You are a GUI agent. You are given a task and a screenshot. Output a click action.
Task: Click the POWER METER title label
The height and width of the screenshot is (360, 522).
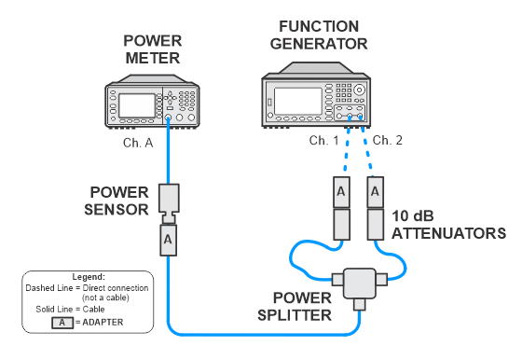pyautogui.click(x=153, y=49)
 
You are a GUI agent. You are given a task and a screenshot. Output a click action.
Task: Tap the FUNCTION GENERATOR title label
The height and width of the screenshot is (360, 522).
pyautogui.click(x=319, y=35)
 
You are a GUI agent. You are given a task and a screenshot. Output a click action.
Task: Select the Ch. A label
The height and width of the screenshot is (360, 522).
pyautogui.click(x=138, y=143)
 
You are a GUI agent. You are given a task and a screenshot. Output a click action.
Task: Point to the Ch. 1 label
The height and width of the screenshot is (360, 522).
pyautogui.click(x=324, y=141)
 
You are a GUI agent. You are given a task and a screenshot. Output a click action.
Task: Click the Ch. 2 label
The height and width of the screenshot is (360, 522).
pyautogui.click(x=387, y=140)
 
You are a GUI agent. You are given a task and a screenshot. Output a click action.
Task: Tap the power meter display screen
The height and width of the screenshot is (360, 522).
pyautogui.click(x=137, y=105)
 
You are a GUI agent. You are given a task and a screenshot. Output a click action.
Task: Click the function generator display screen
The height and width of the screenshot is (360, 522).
pyautogui.click(x=298, y=102)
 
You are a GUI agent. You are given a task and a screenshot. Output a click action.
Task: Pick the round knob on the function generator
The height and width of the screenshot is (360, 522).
pyautogui.click(x=359, y=90)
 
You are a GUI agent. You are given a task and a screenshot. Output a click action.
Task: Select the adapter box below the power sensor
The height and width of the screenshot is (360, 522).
pyautogui.click(x=168, y=240)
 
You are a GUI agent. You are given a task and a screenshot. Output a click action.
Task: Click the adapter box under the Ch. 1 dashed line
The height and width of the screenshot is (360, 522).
pyautogui.click(x=341, y=192)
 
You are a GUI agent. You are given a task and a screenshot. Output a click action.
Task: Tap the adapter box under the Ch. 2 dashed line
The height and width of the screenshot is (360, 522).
pyautogui.click(x=376, y=192)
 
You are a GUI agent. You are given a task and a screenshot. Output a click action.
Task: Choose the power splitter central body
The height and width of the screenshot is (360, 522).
pyautogui.click(x=360, y=284)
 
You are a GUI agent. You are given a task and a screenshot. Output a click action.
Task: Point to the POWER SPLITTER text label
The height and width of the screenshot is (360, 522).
pyautogui.click(x=295, y=307)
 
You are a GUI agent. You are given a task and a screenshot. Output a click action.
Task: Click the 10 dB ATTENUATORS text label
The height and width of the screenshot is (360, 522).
pyautogui.click(x=448, y=225)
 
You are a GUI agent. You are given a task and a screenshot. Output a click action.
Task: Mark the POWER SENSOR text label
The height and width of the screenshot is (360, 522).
pyautogui.click(x=117, y=201)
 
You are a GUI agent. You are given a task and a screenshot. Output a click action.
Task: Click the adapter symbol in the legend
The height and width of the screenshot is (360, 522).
pyautogui.click(x=62, y=323)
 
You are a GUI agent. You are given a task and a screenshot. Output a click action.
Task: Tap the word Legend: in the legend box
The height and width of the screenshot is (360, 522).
pyautogui.click(x=89, y=277)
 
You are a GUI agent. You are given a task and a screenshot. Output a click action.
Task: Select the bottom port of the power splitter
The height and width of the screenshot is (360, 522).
pyautogui.click(x=360, y=304)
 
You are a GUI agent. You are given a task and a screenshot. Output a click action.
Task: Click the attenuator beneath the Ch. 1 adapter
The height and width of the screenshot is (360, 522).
pyautogui.click(x=341, y=224)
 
